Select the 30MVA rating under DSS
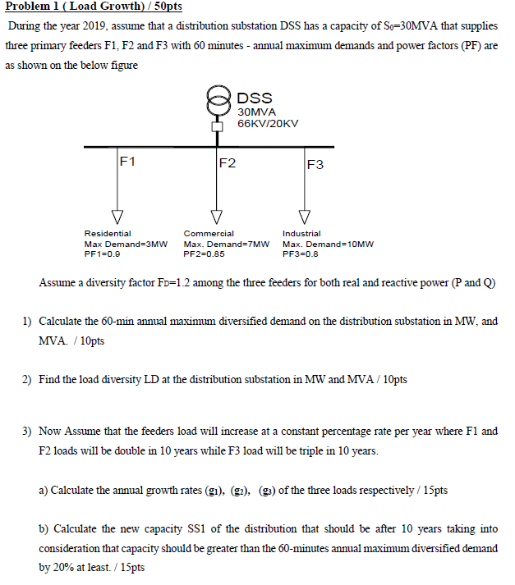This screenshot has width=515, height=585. click(256, 111)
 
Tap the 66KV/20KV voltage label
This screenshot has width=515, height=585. click(268, 123)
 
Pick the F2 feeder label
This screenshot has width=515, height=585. click(228, 162)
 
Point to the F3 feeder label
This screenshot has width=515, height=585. click(315, 164)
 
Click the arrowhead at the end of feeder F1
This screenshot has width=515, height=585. click(117, 217)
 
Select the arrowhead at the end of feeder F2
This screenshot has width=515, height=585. click(218, 217)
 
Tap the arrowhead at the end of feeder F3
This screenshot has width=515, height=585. click(305, 217)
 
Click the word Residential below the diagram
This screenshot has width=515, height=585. click(107, 234)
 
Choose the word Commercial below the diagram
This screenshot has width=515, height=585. click(209, 234)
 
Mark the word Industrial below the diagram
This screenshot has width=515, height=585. click(301, 234)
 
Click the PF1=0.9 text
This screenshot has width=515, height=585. click(102, 254)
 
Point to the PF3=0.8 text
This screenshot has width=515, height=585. click(300, 254)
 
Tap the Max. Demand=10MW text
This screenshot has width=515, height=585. click(328, 245)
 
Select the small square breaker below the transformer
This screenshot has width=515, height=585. click(218, 126)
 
